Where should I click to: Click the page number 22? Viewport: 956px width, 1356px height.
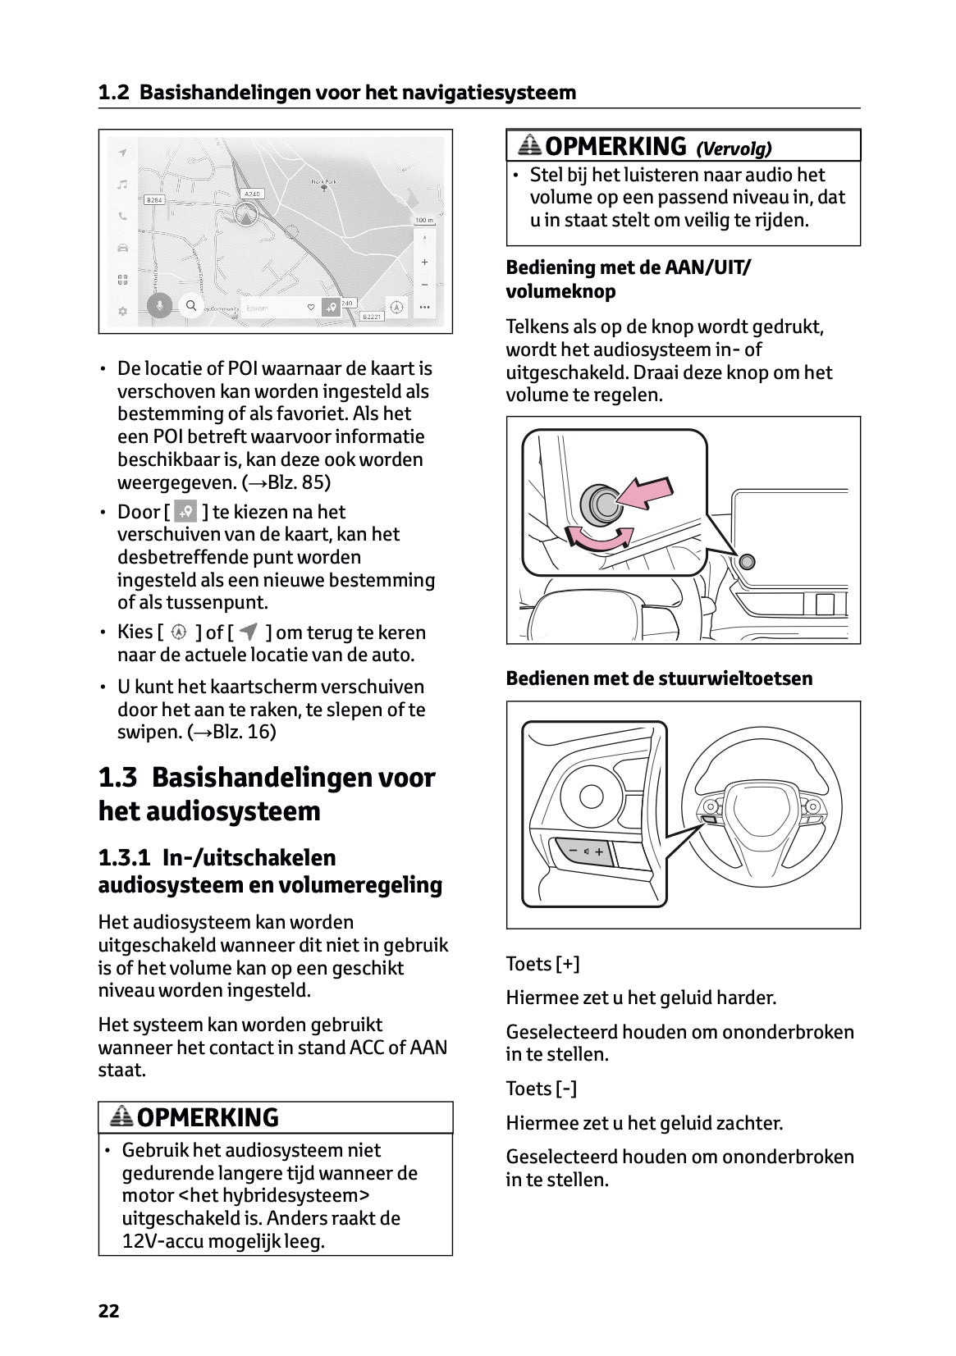pos(108,1311)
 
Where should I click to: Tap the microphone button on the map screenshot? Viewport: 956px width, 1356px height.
pos(160,306)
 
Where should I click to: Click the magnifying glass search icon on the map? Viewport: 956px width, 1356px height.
pos(191,306)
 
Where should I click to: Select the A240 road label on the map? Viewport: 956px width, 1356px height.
pos(253,194)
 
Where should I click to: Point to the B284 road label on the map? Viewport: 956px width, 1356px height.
pos(154,199)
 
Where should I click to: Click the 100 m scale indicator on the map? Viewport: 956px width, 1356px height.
pos(423,221)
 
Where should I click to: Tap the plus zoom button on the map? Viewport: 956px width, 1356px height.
pos(424,263)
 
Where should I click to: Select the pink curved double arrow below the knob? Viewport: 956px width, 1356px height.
pos(602,537)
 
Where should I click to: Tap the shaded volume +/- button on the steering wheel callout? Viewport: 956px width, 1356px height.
pos(586,851)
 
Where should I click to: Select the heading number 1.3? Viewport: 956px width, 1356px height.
pos(117,777)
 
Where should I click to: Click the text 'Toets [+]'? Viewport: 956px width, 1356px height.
pos(542,964)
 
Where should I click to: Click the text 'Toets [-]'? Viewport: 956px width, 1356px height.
pos(541,1089)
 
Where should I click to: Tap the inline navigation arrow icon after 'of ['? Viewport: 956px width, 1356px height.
pos(249,632)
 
